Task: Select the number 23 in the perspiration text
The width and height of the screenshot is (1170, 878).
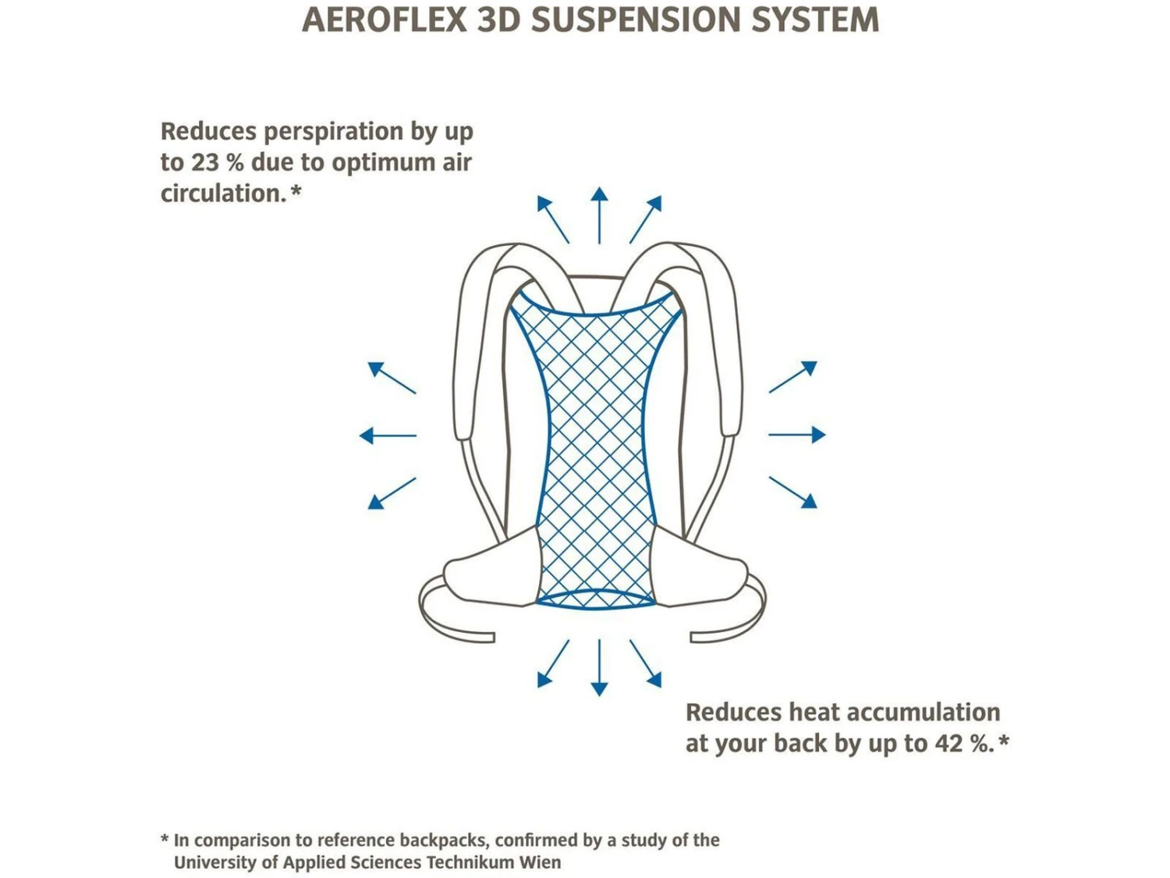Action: [x=204, y=162]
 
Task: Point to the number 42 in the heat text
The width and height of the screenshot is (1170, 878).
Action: [x=948, y=743]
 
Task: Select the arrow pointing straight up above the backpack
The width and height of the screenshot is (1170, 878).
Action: [x=599, y=215]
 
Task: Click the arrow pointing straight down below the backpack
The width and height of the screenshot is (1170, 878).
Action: [x=599, y=668]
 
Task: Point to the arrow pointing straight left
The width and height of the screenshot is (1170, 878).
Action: [x=388, y=435]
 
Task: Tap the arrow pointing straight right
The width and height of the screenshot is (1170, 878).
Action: [x=797, y=435]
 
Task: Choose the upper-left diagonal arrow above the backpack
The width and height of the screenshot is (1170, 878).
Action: [x=552, y=219]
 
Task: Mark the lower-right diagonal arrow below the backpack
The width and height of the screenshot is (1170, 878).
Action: [x=646, y=664]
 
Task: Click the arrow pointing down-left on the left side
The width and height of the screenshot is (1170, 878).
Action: [x=391, y=493]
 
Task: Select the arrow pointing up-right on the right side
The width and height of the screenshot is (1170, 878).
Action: [x=793, y=377]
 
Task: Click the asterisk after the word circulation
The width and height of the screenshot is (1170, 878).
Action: [x=296, y=190]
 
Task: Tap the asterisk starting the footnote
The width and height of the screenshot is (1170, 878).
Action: [x=165, y=840]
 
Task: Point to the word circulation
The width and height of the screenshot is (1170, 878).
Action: [x=223, y=194]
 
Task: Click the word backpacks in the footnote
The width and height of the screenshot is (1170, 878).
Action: [x=442, y=841]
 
